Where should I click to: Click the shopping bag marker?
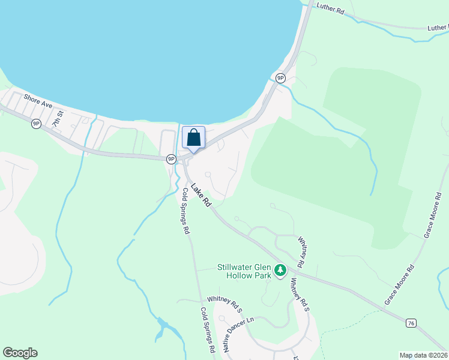pos(193,138)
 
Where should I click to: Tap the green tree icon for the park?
pos(280,271)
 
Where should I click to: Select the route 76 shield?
pos(411,323)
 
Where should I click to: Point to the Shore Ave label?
pos(38,100)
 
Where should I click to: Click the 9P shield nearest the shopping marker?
pos(171,159)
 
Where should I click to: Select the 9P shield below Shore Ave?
pos(36,124)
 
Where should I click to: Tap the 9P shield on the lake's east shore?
pos(280,78)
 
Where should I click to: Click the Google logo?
pos(20,353)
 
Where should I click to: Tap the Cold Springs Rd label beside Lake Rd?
pos(186,211)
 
